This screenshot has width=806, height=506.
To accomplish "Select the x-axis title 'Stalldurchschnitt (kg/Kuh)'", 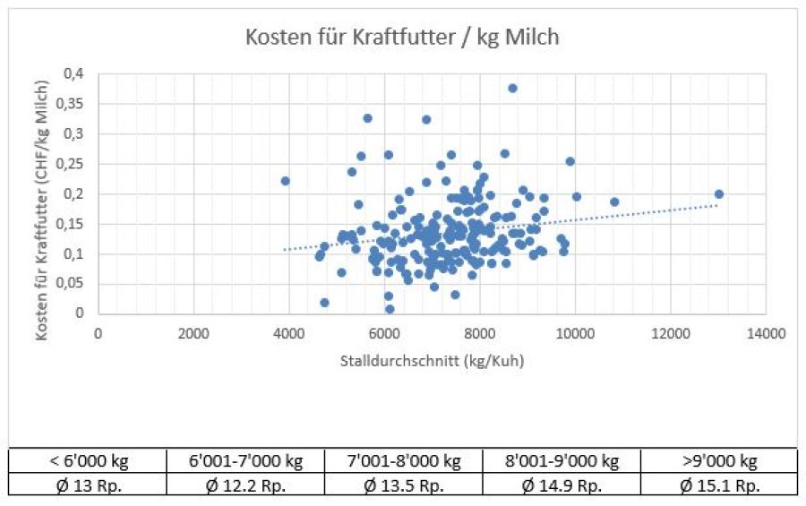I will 432,361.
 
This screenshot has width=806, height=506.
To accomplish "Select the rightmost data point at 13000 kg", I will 718,194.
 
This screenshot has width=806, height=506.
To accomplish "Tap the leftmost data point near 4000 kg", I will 286,181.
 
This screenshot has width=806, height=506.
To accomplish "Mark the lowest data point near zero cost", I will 390,309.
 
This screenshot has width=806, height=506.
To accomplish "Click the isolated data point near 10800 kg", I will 614,202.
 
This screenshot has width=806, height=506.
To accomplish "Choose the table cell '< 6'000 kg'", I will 88,461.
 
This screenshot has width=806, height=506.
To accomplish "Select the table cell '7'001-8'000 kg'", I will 403,461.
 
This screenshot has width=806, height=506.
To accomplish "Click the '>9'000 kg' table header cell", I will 718,461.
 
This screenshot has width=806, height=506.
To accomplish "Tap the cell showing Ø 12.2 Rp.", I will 245,486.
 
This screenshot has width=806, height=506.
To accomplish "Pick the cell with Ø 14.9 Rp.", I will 562,486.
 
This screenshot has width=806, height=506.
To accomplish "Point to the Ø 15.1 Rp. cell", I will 718,486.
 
